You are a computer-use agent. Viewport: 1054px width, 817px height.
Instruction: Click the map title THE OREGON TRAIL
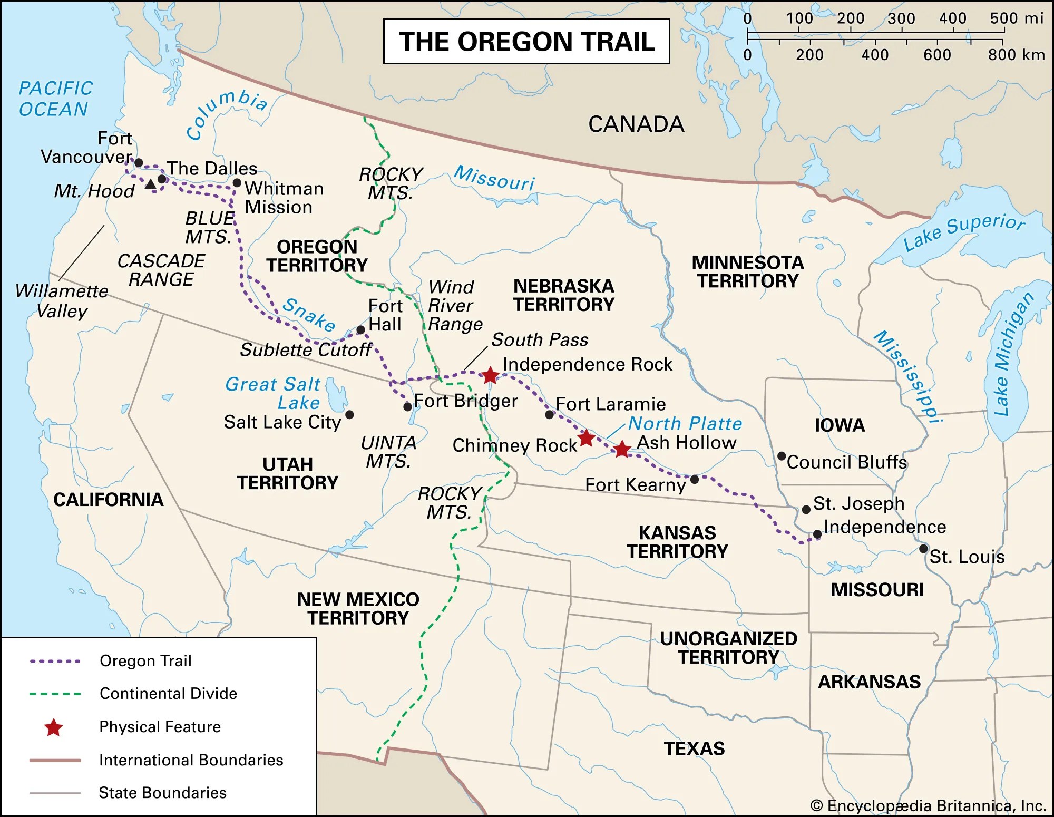coord(526,42)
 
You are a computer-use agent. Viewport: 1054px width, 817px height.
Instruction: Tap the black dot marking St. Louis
coord(923,549)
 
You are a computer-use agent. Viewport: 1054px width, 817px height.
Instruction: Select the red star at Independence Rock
coord(490,375)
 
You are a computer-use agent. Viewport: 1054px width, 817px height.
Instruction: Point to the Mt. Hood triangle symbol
coord(150,184)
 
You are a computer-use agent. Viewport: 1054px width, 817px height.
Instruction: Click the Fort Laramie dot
coord(549,415)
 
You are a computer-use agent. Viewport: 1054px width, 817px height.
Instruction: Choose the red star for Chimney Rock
coord(586,438)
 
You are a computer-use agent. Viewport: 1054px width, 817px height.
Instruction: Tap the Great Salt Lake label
coord(273,393)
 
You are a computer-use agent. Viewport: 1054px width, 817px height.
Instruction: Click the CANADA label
coord(636,124)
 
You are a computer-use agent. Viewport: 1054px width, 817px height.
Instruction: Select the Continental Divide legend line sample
coord(55,694)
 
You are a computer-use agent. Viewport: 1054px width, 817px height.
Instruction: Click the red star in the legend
coord(54,727)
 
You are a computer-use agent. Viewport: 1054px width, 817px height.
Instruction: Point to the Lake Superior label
coord(964,232)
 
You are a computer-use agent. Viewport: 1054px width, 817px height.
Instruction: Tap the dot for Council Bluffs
coord(782,456)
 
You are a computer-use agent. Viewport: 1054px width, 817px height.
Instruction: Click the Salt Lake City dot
coord(349,415)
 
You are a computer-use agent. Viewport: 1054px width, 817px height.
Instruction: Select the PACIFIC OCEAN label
coord(55,99)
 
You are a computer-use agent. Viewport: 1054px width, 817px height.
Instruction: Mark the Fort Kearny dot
coord(695,479)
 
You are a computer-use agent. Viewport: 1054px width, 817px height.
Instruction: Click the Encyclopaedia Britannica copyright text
coord(928,805)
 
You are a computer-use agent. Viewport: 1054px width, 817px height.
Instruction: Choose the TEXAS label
coord(694,748)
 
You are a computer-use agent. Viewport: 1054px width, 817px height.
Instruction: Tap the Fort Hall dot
coord(360,330)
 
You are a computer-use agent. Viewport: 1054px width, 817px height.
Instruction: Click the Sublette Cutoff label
coord(306,349)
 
